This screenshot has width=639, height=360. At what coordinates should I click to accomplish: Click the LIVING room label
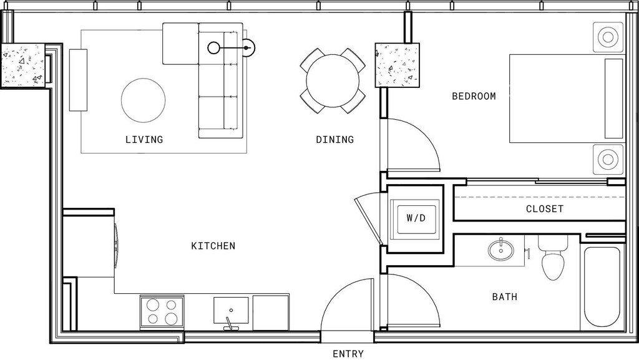[x=144, y=139]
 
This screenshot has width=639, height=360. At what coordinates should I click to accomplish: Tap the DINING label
[x=334, y=139]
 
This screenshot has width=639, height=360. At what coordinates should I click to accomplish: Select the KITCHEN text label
[x=213, y=246]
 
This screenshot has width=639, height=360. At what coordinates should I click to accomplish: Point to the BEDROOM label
[x=474, y=96]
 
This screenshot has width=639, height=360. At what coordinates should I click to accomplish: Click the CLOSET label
[x=544, y=209]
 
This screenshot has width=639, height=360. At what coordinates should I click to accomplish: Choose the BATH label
[x=504, y=297]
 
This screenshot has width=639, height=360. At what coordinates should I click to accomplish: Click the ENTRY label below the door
[x=348, y=354]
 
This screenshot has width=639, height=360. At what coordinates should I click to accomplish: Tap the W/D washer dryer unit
[x=416, y=218]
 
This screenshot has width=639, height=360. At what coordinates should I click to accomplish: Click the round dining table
[x=333, y=80]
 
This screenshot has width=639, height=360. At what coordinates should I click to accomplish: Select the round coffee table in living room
[x=144, y=100]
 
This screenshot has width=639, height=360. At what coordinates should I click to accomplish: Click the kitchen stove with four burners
[x=161, y=311]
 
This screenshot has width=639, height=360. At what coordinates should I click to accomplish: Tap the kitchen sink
[x=231, y=311]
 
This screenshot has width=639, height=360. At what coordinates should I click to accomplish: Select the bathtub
[x=601, y=287]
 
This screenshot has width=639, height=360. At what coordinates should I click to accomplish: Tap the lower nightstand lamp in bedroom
[x=607, y=160]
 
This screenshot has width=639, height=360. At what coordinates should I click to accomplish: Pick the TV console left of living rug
[x=79, y=80]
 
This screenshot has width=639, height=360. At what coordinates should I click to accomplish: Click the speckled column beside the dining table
[x=396, y=65]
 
